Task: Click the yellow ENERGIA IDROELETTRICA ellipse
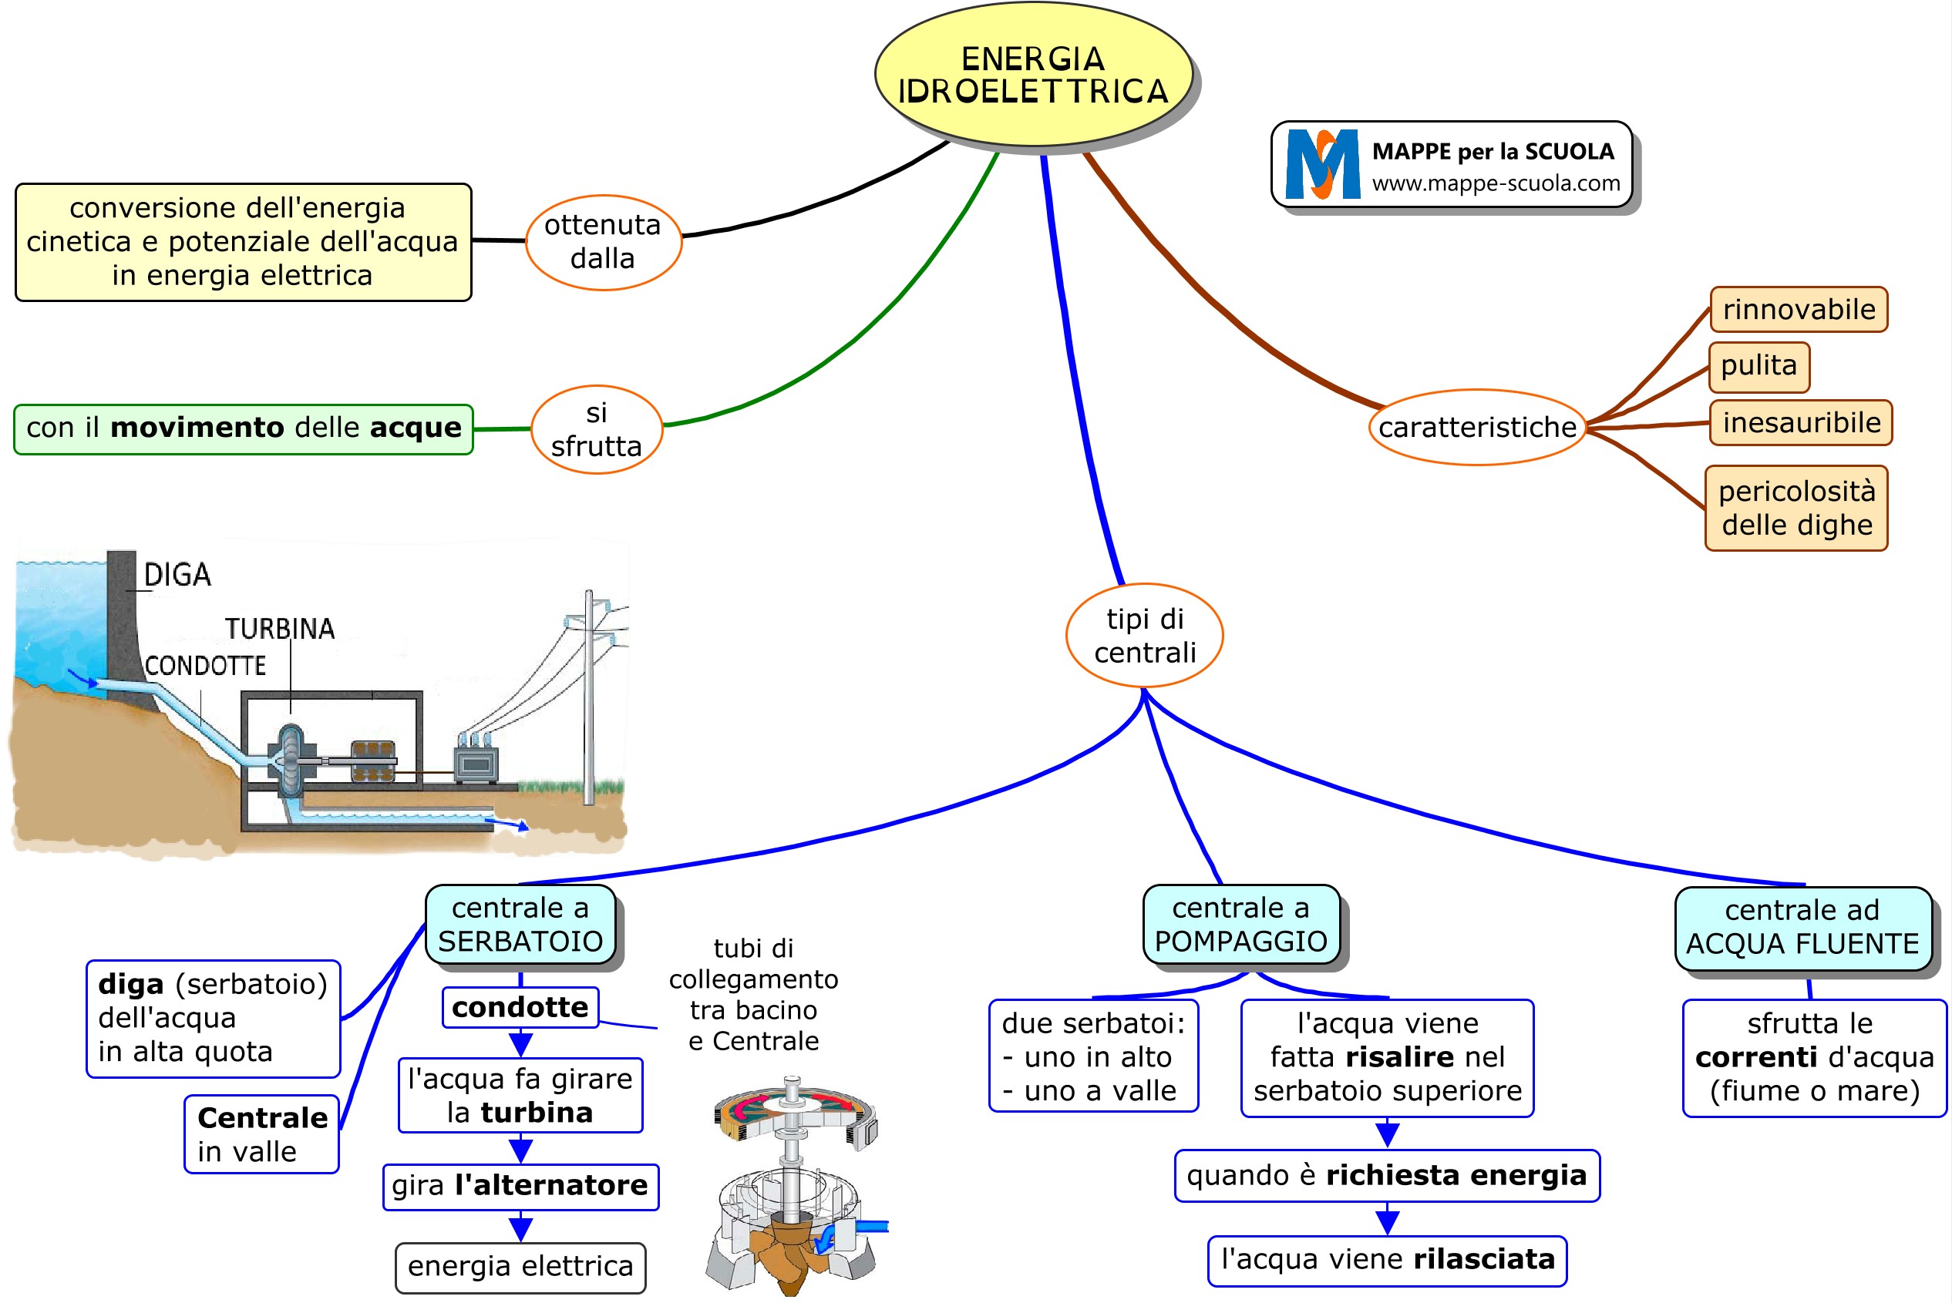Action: pyautogui.click(x=1032, y=75)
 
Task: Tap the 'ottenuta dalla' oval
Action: pyautogui.click(x=603, y=242)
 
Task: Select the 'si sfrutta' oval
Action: pyautogui.click(x=596, y=430)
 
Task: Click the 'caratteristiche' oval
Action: pyautogui.click(x=1476, y=427)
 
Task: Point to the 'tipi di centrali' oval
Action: pyautogui.click(x=1144, y=636)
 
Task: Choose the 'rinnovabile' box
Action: pyautogui.click(x=1799, y=310)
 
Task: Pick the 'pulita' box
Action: pyautogui.click(x=1758, y=367)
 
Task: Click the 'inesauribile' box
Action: pyautogui.click(x=1801, y=423)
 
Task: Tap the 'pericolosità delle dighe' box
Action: pyautogui.click(x=1796, y=508)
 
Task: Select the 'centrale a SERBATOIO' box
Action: pyautogui.click(x=520, y=924)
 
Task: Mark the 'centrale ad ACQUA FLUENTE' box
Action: pyautogui.click(x=1802, y=928)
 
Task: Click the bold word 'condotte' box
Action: pyautogui.click(x=520, y=1007)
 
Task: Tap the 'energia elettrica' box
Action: pyautogui.click(x=520, y=1267)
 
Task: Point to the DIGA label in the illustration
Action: pyautogui.click(x=177, y=575)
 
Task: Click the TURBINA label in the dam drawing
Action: pyautogui.click(x=279, y=629)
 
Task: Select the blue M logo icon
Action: pyautogui.click(x=1322, y=165)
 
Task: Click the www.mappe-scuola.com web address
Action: pyautogui.click(x=1496, y=183)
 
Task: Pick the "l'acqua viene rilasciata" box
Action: pyautogui.click(x=1387, y=1260)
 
